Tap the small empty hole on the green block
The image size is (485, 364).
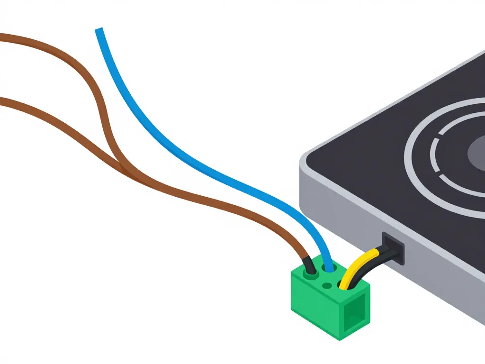(326, 285)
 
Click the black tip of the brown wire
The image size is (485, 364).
(309, 264)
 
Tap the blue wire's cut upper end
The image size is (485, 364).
(99, 31)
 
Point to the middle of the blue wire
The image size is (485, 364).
(189, 156)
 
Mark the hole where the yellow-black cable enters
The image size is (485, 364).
(343, 284)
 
